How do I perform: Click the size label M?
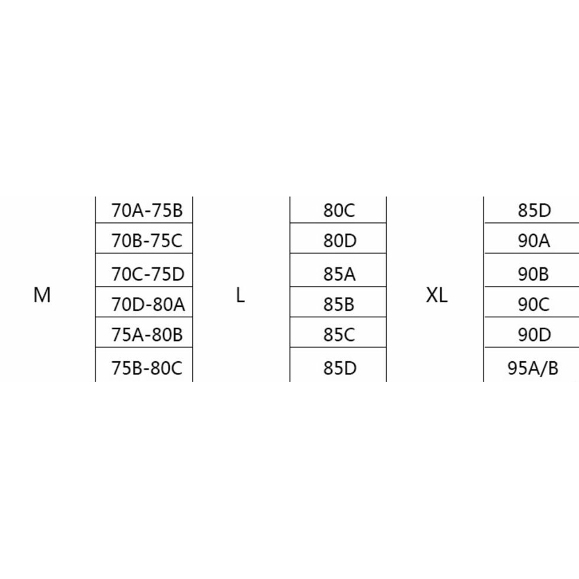42,295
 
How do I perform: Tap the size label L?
240,295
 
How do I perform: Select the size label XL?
437,295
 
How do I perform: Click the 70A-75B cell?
147,210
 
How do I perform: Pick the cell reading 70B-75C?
147,240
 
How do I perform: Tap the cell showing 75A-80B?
147,335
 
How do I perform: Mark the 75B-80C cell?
147,368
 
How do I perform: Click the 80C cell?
339,210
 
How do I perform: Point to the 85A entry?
339,273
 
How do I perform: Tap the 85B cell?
339,303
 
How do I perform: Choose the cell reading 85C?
339,335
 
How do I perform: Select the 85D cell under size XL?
535,210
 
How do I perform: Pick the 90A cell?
535,240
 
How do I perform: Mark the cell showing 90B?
535,273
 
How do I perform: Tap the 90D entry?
535,335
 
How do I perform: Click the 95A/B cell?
533,368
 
